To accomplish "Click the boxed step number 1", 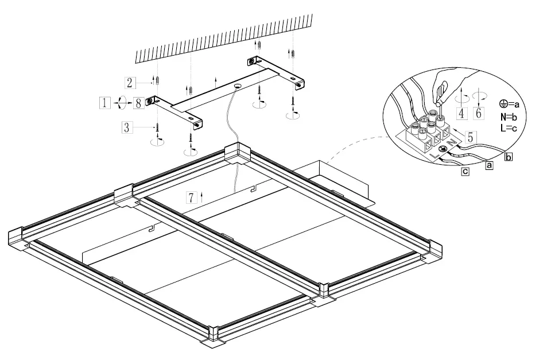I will point(104,103).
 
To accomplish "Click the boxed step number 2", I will point(130,83).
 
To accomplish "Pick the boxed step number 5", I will point(470,137).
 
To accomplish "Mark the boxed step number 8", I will point(138,103).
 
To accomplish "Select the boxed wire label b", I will point(508,155).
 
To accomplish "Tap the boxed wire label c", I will point(464,171).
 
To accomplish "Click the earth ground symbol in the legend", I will point(503,104).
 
